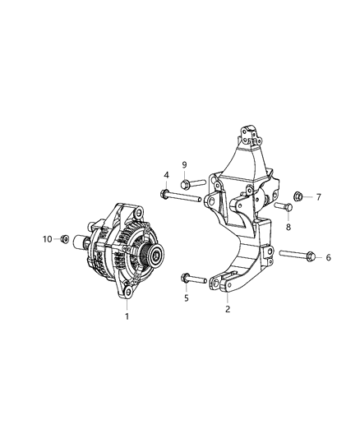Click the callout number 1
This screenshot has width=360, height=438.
pyautogui.click(x=127, y=315)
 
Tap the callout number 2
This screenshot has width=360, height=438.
pyautogui.click(x=227, y=310)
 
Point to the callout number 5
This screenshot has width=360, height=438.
pyautogui.click(x=186, y=298)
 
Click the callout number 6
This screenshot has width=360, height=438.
pyautogui.click(x=329, y=257)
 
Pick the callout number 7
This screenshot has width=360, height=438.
pyautogui.click(x=318, y=197)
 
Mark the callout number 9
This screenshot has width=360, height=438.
pyautogui.click(x=184, y=164)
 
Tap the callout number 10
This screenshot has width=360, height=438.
pyautogui.click(x=47, y=238)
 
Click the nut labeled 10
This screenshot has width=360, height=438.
pyautogui.click(x=63, y=239)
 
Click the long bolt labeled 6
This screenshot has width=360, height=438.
pyautogui.click(x=297, y=256)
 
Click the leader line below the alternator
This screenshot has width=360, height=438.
pyautogui.click(x=127, y=303)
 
